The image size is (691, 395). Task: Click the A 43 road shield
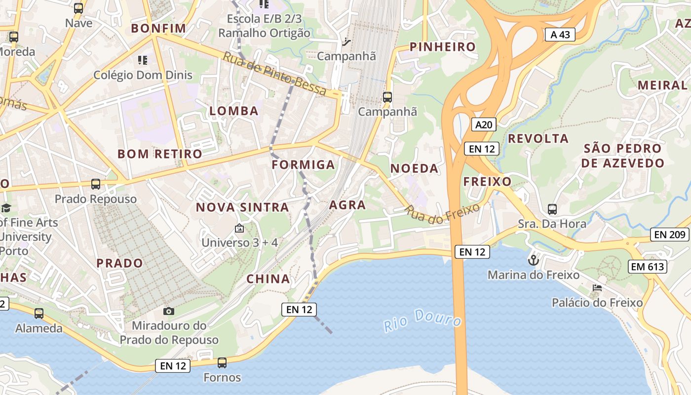coord(560,35)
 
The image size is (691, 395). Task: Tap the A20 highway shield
coord(483,124)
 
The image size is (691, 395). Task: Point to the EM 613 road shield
coord(648,267)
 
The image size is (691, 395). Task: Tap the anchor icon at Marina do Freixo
coord(534,260)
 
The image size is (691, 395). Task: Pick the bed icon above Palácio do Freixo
coord(597,288)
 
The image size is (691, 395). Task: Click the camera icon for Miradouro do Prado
coord(169,311)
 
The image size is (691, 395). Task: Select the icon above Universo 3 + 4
coord(239,228)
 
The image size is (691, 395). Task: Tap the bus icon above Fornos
coord(222,363)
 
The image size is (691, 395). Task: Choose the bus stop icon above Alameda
coord(39,313)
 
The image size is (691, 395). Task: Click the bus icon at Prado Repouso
coord(96,184)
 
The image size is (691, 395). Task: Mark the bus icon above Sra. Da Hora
coord(552,209)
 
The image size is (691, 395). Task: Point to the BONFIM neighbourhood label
coord(158,28)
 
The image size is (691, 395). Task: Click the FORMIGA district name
coord(303,164)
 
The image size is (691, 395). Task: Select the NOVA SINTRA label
coord(242,207)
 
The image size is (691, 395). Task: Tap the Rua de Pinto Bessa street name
coord(274,74)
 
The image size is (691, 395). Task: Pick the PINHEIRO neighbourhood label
coord(443,47)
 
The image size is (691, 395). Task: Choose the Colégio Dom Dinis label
coord(143,76)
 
